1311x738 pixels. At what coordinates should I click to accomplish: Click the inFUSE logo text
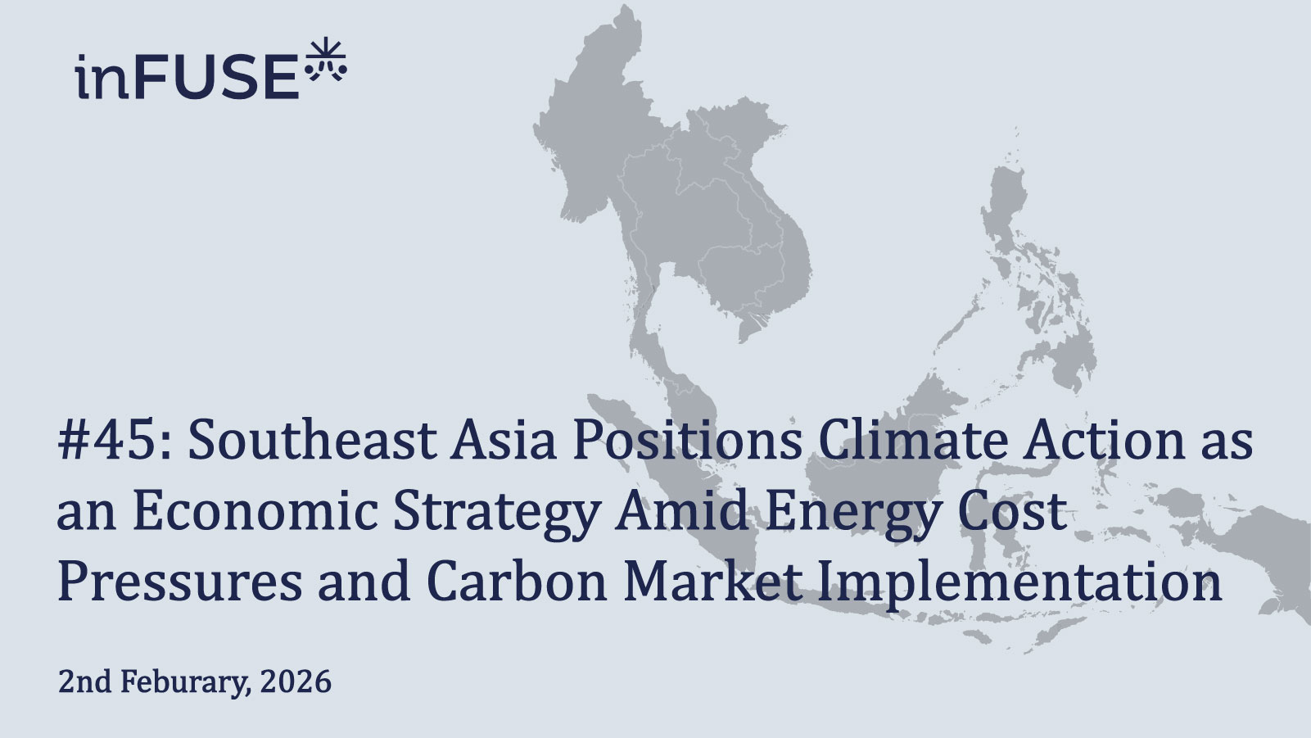click(187, 77)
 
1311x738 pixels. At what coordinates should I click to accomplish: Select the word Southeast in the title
click(312, 440)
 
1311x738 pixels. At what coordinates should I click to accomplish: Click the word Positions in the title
click(686, 440)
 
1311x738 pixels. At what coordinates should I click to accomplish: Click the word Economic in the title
click(255, 511)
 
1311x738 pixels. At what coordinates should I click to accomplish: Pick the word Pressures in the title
click(179, 582)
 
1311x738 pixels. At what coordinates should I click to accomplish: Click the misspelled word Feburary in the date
click(185, 681)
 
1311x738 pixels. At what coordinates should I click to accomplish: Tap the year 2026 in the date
click(296, 681)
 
